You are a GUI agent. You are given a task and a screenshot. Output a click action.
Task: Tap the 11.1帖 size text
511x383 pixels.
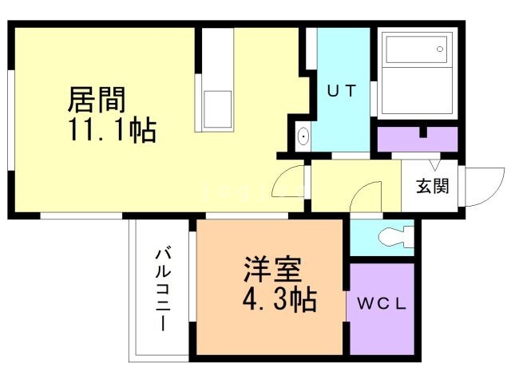pyautogui.click(x=112, y=130)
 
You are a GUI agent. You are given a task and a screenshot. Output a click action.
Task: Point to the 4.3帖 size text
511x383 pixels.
pyautogui.click(x=279, y=300)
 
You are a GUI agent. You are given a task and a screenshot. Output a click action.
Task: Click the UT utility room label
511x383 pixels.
pyautogui.click(x=341, y=90)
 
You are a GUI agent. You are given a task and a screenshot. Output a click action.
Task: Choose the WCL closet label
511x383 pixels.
pyautogui.click(x=382, y=304)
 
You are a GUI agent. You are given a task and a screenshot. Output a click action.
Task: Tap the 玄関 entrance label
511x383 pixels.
pyautogui.click(x=431, y=187)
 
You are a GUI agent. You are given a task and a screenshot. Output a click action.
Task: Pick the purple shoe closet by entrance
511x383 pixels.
pyautogui.click(x=416, y=139)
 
